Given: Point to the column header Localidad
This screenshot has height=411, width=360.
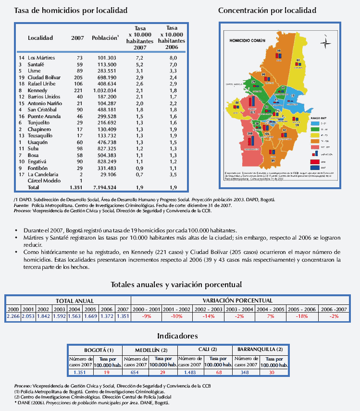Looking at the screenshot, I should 40,37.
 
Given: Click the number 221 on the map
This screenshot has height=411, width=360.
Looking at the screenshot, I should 252,113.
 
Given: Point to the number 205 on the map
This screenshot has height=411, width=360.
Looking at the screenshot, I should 249,134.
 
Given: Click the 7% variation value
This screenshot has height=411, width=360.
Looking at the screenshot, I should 271,317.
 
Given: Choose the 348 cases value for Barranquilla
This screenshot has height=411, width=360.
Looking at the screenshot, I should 246,372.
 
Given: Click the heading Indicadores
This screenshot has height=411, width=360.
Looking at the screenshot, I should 177,336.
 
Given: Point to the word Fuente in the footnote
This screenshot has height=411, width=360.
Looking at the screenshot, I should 22,205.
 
